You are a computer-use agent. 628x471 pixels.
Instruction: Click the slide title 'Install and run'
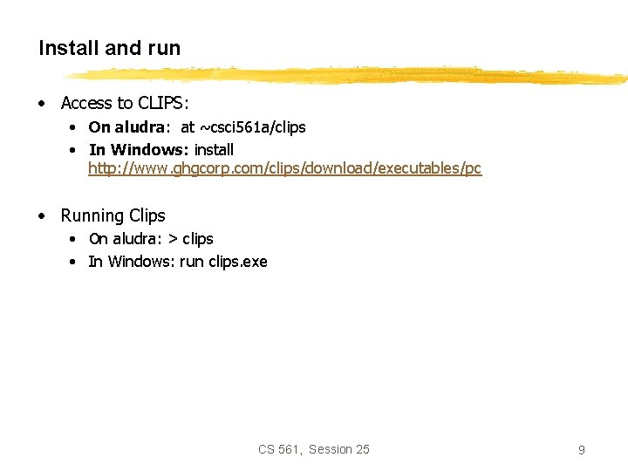[109, 49]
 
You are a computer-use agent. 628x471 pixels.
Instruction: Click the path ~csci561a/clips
[253, 127]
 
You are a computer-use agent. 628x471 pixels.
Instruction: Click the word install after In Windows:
[215, 149]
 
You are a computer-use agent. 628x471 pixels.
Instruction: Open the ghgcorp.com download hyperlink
[284, 168]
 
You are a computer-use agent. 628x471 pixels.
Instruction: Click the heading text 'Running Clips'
[113, 215]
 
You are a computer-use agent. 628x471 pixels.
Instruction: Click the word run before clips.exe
[191, 262]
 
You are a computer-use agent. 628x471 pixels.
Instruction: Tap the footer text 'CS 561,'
[280, 449]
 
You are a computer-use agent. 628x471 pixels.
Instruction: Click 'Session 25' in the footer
[339, 449]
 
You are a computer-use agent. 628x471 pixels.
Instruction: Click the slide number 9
[581, 450]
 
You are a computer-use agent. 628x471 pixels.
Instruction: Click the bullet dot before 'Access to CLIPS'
[42, 104]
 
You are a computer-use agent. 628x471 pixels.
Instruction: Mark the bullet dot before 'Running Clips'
[42, 216]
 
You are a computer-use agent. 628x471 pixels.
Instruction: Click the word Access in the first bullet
[86, 103]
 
